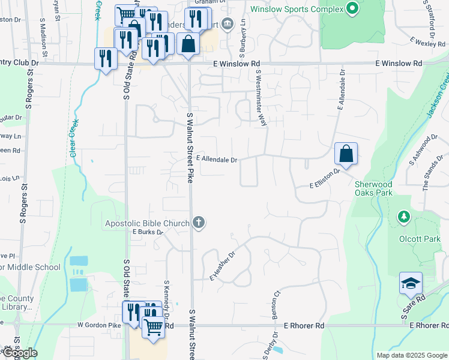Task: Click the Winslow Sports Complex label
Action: pyautogui.click(x=297, y=10)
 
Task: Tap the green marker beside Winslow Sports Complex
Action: pyautogui.click(x=352, y=9)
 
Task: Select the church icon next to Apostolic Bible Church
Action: pyautogui.click(x=199, y=223)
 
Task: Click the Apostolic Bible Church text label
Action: pyautogui.click(x=147, y=224)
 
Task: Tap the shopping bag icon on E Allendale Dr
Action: pyautogui.click(x=346, y=154)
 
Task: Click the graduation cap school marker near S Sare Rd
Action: pyautogui.click(x=411, y=283)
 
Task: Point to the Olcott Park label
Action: pyautogui.click(x=420, y=238)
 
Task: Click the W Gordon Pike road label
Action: pyautogui.click(x=99, y=325)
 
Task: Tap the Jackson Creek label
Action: pyautogui.click(x=438, y=97)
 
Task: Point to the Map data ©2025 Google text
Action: pyautogui.click(x=411, y=355)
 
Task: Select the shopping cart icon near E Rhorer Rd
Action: pyautogui.click(x=154, y=326)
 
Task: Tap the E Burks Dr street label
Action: pyautogui.click(x=148, y=232)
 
